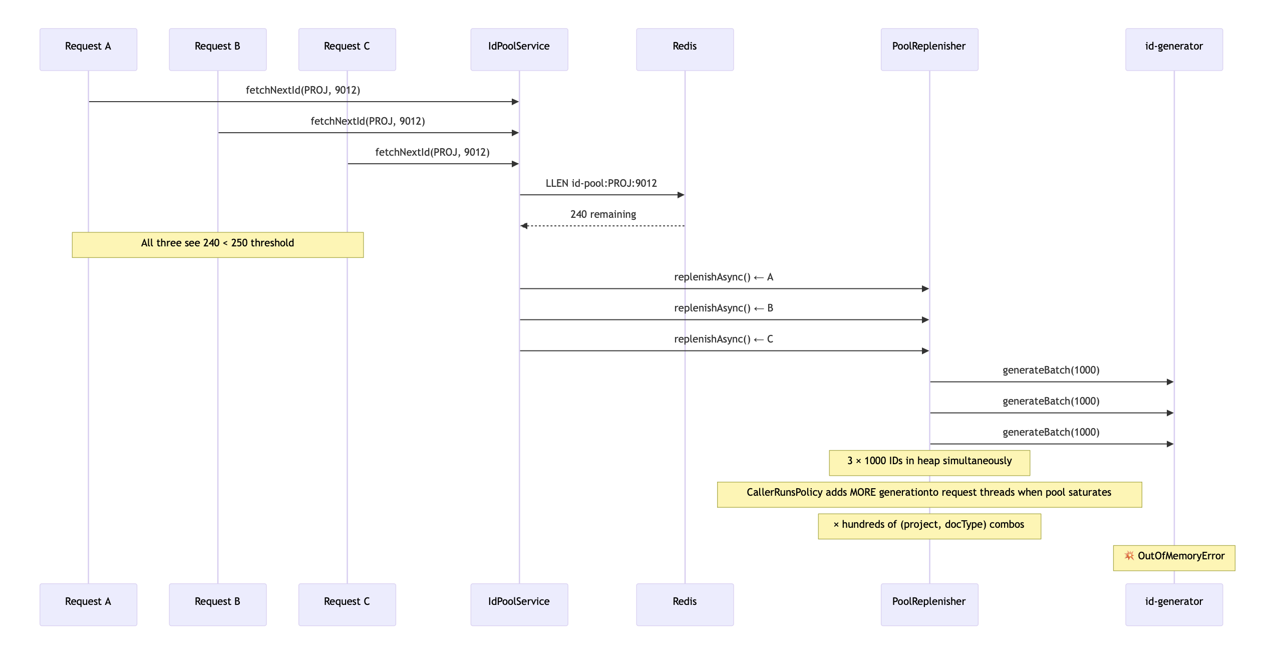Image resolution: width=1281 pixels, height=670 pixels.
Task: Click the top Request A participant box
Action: click(x=88, y=49)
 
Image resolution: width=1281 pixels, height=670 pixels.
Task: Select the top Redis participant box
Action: click(x=685, y=49)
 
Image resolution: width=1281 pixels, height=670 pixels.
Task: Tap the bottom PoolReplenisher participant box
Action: click(x=929, y=604)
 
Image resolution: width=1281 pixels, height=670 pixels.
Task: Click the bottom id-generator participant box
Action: click(x=1174, y=604)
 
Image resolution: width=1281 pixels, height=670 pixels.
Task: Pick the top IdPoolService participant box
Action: click(x=519, y=49)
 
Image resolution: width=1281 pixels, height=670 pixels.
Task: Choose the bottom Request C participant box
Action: click(x=347, y=604)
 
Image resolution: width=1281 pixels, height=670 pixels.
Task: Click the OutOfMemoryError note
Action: click(x=1174, y=558)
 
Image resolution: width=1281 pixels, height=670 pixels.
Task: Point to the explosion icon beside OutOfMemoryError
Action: click(x=1129, y=556)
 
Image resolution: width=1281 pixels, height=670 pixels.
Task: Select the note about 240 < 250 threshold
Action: click(x=218, y=245)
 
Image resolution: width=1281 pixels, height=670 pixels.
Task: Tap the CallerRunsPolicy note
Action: click(x=929, y=495)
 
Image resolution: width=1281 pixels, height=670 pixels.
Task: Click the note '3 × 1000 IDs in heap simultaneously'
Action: click(x=929, y=463)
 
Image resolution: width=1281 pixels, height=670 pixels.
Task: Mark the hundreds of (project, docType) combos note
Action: click(x=929, y=526)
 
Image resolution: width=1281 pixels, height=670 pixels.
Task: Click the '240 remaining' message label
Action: click(x=603, y=214)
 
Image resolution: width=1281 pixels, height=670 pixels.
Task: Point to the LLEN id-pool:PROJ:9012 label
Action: click(x=601, y=183)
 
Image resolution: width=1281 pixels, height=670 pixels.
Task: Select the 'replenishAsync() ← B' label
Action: click(x=724, y=308)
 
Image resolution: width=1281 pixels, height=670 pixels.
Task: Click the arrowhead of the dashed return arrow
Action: click(x=523, y=226)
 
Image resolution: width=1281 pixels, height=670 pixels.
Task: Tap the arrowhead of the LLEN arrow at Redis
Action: click(x=681, y=195)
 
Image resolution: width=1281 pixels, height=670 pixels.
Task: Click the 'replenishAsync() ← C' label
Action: click(x=724, y=339)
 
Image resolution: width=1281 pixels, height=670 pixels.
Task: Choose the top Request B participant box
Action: click(x=218, y=49)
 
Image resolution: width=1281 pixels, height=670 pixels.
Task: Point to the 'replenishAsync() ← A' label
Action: click(x=724, y=277)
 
